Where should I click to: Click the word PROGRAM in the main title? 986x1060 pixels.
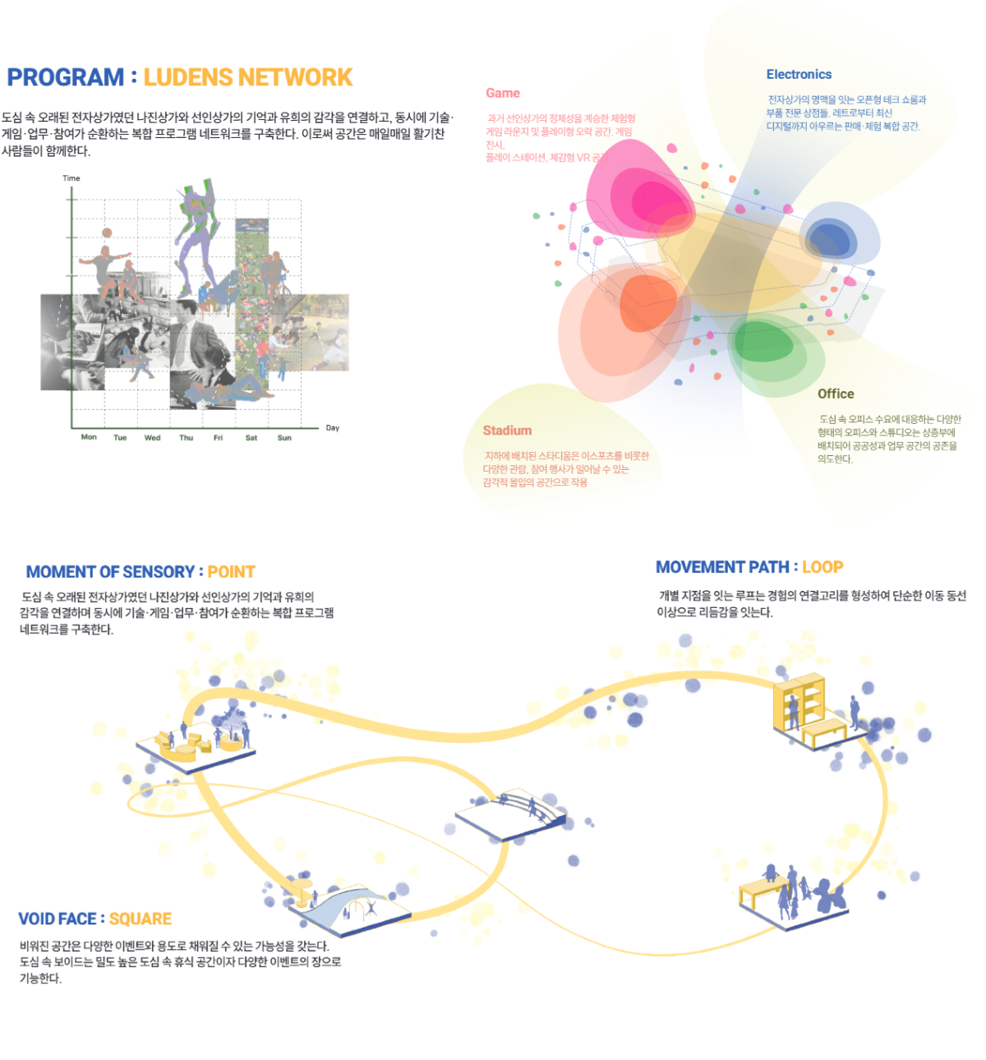click(65, 77)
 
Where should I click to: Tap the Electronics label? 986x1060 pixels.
click(799, 75)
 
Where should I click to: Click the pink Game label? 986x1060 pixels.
click(503, 94)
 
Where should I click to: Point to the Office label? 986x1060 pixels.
click(836, 394)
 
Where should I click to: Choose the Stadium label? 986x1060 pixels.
click(507, 431)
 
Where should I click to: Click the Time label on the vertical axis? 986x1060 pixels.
click(71, 178)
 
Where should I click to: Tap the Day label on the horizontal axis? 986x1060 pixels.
click(332, 428)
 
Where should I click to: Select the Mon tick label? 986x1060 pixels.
click(89, 437)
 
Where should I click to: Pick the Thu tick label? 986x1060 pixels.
click(187, 438)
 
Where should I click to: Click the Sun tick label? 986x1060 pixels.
click(284, 438)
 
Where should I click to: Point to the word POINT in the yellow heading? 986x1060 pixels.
click(231, 572)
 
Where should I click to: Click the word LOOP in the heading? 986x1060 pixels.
click(822, 567)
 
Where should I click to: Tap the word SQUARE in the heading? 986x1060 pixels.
click(141, 919)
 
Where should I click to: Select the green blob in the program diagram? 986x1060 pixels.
click(763, 341)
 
